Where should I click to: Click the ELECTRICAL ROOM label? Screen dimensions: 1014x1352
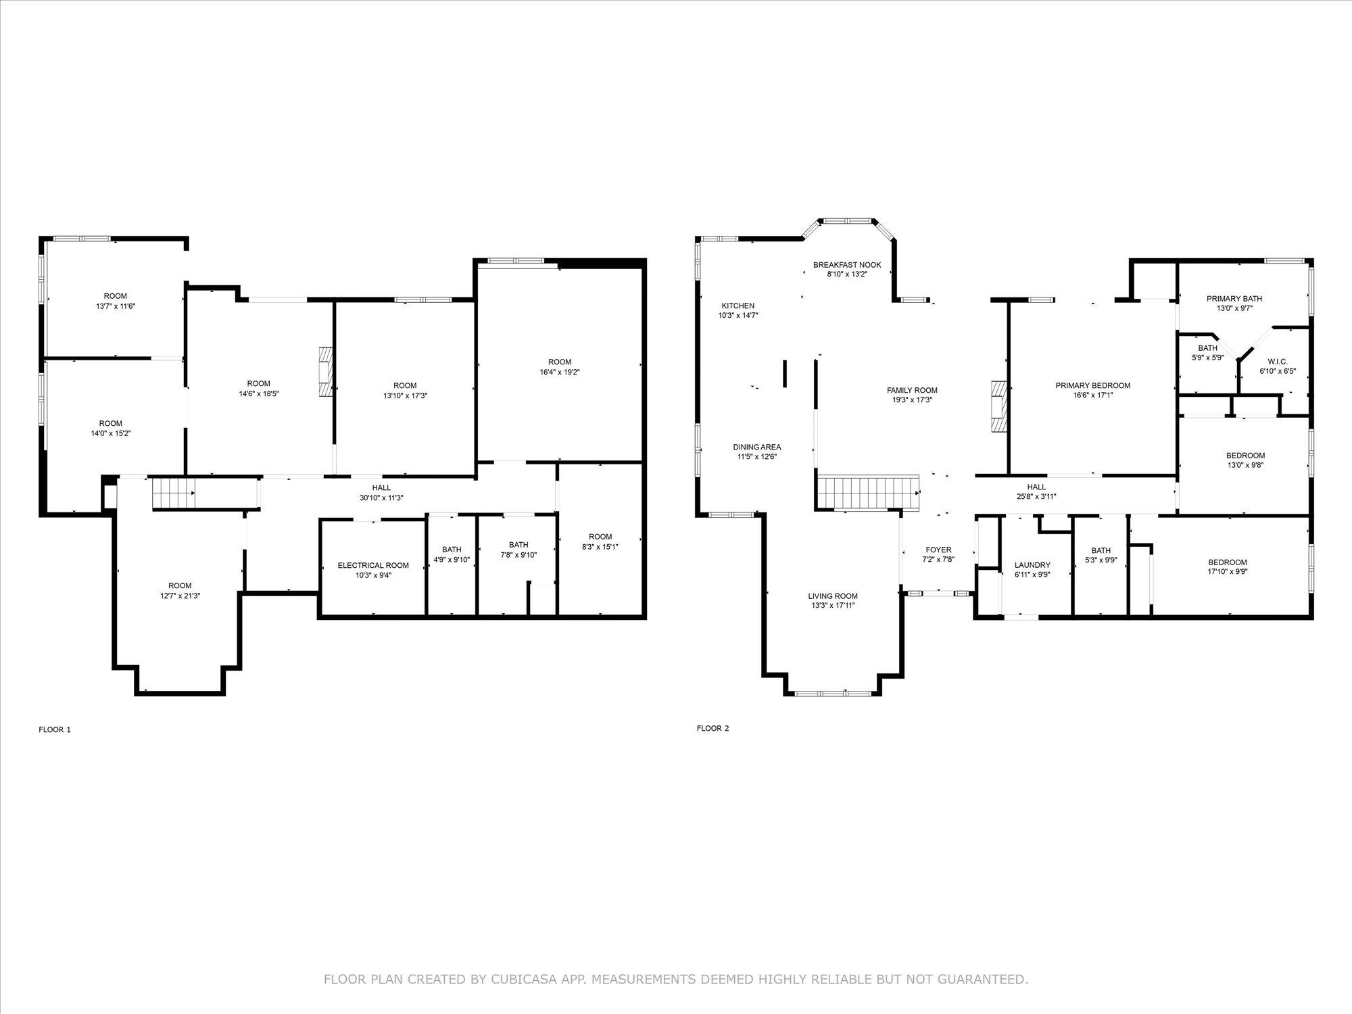click(373, 565)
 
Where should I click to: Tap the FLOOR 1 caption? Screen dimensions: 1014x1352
click(55, 729)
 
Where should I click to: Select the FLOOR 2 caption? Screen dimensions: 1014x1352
click(713, 728)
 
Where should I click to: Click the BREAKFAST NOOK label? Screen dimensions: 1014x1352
click(847, 265)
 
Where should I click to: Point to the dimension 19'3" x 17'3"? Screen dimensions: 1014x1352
click(912, 400)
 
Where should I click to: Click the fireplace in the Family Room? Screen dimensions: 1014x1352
click(998, 406)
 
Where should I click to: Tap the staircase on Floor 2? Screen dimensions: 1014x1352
click(868, 492)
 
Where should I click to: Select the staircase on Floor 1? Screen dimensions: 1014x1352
click(172, 491)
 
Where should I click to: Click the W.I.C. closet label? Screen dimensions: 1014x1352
click(1277, 362)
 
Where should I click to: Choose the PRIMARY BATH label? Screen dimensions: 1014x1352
click(1234, 299)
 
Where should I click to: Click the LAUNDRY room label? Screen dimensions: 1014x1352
click(1032, 565)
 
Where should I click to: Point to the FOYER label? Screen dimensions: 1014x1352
click(938, 550)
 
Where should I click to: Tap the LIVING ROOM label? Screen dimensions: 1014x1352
click(833, 596)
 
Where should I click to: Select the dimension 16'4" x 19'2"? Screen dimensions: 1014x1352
click(560, 372)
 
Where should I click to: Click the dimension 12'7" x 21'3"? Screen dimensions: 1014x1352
click(180, 596)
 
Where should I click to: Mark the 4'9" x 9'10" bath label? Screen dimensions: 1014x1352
click(452, 559)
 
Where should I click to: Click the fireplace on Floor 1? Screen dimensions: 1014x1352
click(327, 372)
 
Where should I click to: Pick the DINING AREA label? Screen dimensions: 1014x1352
click(757, 447)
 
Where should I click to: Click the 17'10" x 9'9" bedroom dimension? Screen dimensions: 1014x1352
click(1228, 571)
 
